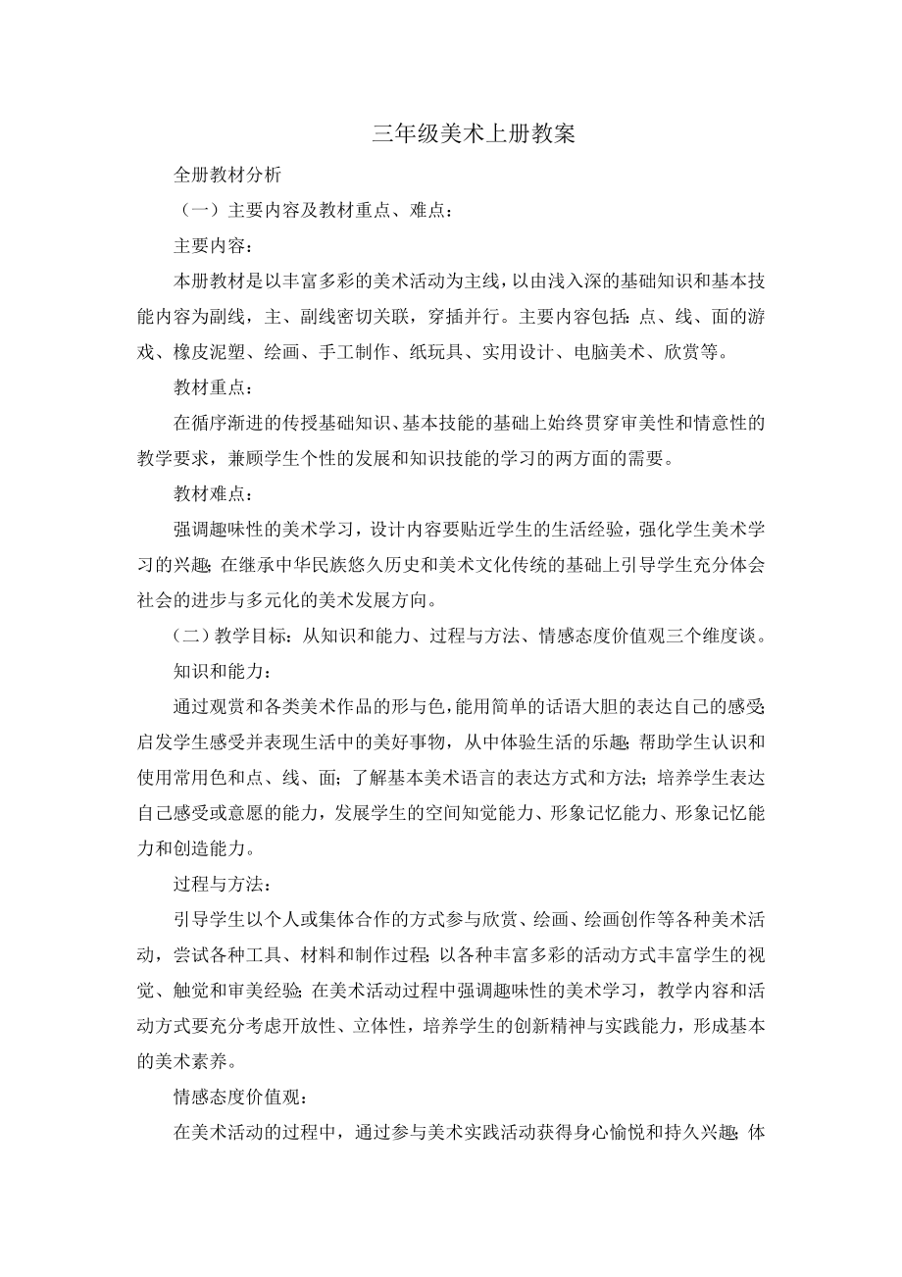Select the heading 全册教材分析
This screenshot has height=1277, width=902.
tap(227, 176)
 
